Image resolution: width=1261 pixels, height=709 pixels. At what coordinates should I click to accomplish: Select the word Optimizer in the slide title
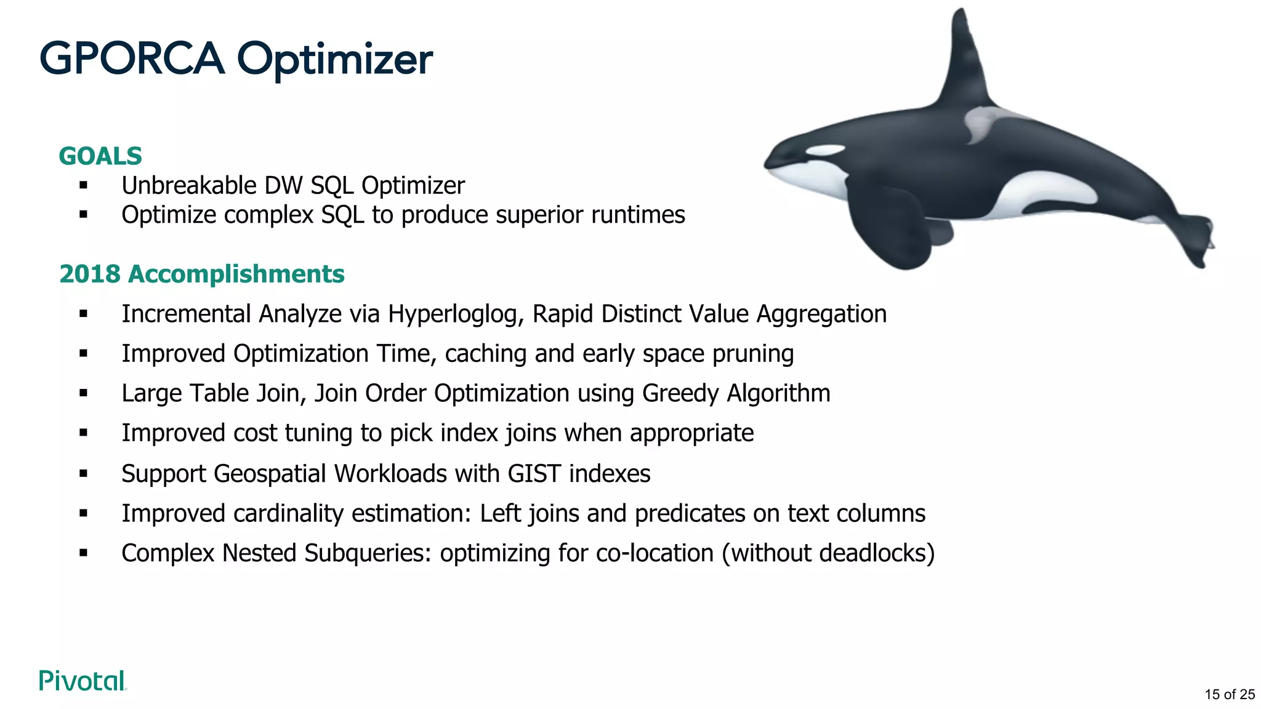335,60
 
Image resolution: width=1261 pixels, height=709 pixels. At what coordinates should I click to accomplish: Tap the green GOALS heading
100,156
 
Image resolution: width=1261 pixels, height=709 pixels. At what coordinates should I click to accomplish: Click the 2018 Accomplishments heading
201,274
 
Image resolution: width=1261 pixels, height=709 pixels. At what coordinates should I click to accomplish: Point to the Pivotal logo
83,681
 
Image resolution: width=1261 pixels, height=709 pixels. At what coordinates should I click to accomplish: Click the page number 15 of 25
1229,694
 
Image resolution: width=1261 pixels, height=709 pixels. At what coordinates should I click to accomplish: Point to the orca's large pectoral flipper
893,228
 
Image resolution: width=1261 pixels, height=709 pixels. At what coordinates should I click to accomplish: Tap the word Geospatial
270,474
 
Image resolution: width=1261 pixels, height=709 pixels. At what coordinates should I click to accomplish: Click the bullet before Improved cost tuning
84,433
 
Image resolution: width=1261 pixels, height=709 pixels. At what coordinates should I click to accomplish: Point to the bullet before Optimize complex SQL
84,215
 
